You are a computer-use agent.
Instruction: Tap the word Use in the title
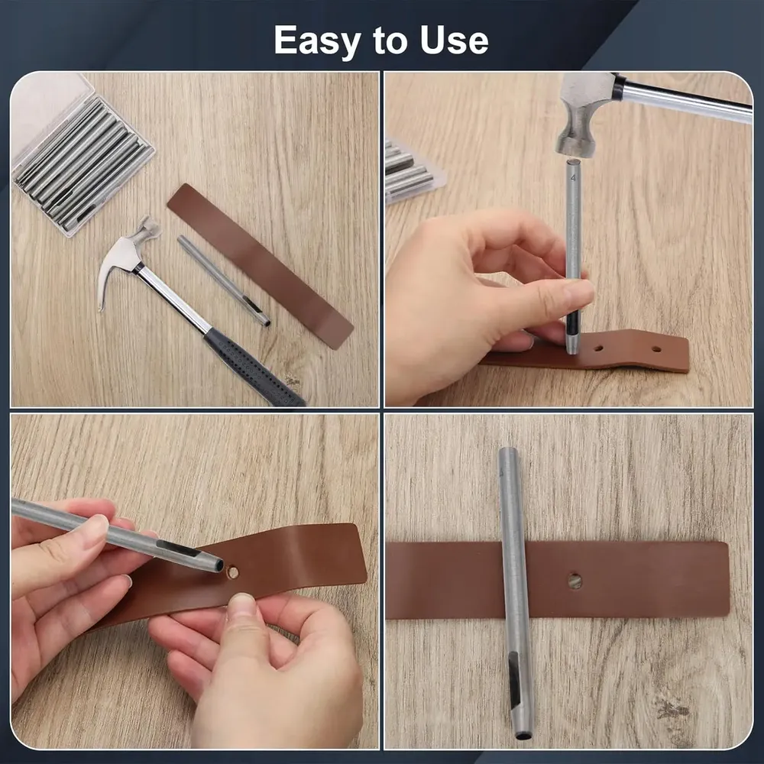(x=454, y=40)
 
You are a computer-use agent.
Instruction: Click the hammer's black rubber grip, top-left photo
(x=254, y=367)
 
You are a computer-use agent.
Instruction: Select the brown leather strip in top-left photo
(x=260, y=266)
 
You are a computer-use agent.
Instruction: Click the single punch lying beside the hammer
(x=224, y=280)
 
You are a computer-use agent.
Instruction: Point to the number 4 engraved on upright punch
(x=573, y=178)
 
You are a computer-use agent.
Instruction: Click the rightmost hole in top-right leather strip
(x=656, y=349)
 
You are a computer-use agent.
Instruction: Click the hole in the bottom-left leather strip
(x=233, y=572)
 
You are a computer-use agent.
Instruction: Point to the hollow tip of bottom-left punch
(x=219, y=565)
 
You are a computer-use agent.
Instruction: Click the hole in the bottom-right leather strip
(x=575, y=581)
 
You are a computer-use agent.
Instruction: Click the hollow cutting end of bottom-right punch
(x=523, y=733)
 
